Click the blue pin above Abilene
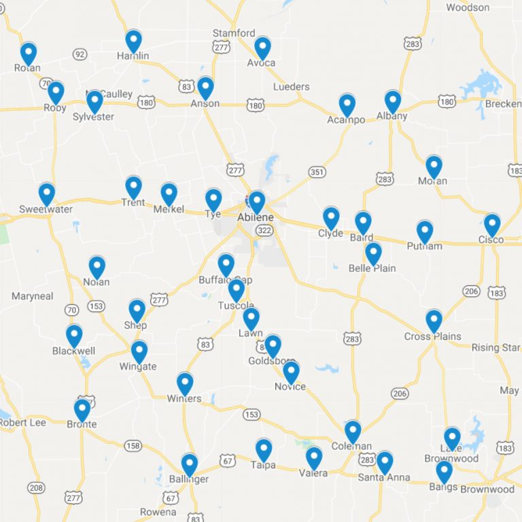tap(256, 202)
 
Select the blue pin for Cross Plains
tap(434, 321)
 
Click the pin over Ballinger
tap(190, 464)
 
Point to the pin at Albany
tap(392, 101)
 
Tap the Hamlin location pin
tap(133, 41)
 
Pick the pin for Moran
tap(434, 167)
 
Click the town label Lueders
tap(291, 87)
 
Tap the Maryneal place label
tap(32, 296)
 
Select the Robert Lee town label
tap(22, 422)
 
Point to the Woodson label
tap(468, 7)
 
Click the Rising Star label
tap(495, 347)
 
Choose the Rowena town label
tap(158, 512)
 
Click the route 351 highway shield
tap(317, 173)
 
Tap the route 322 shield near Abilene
tap(263, 230)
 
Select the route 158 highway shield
tap(133, 447)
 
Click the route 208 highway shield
tap(36, 487)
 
